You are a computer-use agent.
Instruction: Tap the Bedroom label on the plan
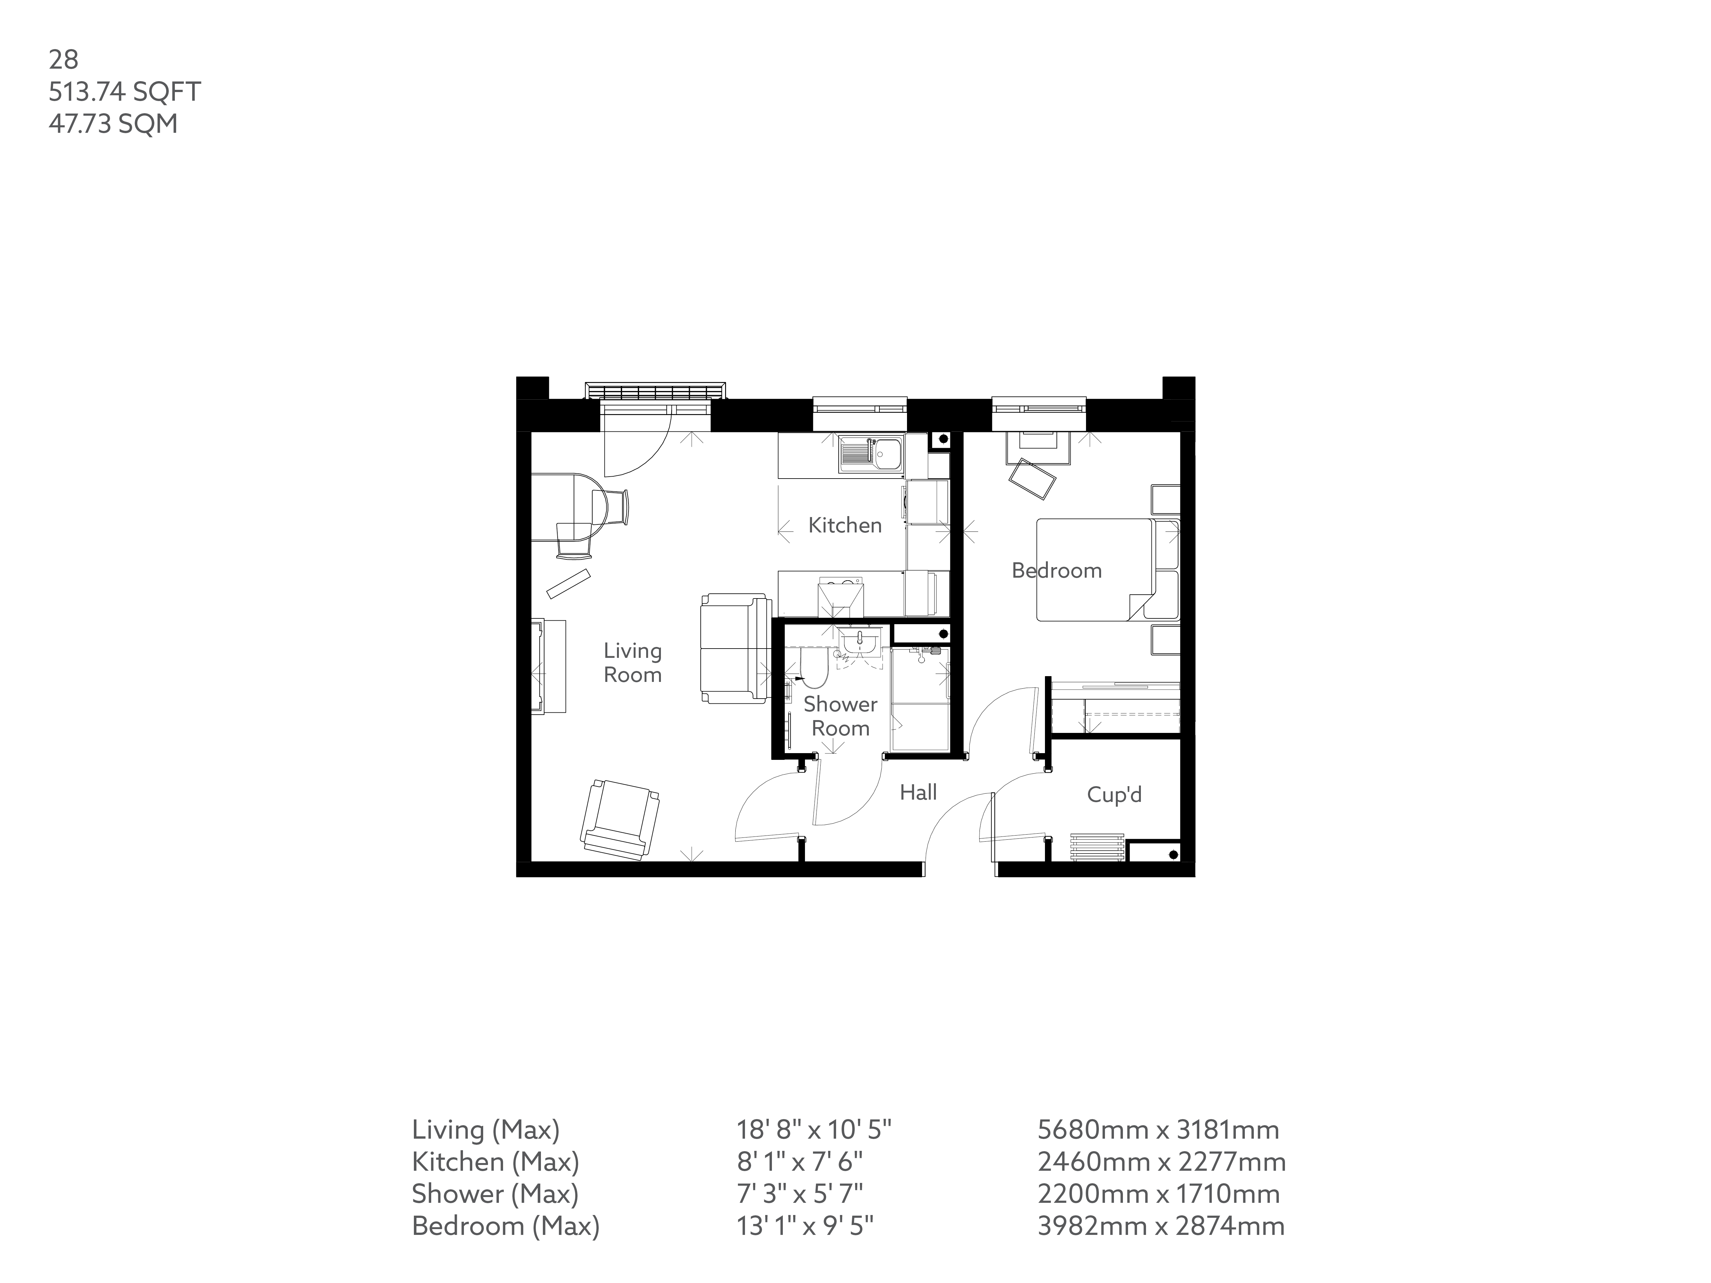(1057, 571)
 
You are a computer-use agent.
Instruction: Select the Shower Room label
(840, 716)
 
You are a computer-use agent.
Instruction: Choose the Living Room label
(633, 663)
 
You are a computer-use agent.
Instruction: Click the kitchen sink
(870, 454)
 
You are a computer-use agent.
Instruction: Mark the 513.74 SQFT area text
(124, 92)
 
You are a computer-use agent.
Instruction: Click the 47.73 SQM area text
(113, 124)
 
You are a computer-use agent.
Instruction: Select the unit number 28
(64, 60)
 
